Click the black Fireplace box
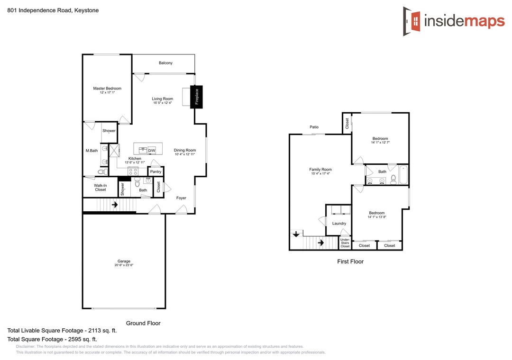pos(197,97)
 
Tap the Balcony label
pos(165,63)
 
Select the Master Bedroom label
pos(107,89)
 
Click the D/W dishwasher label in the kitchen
pos(152,151)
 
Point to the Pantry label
pos(156,171)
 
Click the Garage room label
pos(124,261)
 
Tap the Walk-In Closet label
pos(101,188)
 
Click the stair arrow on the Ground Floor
pos(115,205)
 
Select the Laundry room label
pos(339,224)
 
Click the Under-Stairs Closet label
pos(345,243)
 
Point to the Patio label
pos(314,127)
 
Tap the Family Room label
pos(320,170)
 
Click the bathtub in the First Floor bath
pos(403,175)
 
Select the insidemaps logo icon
pos(412,21)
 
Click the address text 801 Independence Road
pos(39,10)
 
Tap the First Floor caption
pos(350,261)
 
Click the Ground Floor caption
pos(143,323)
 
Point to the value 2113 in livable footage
pos(95,331)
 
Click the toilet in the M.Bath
pos(102,171)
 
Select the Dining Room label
pos(185,151)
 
